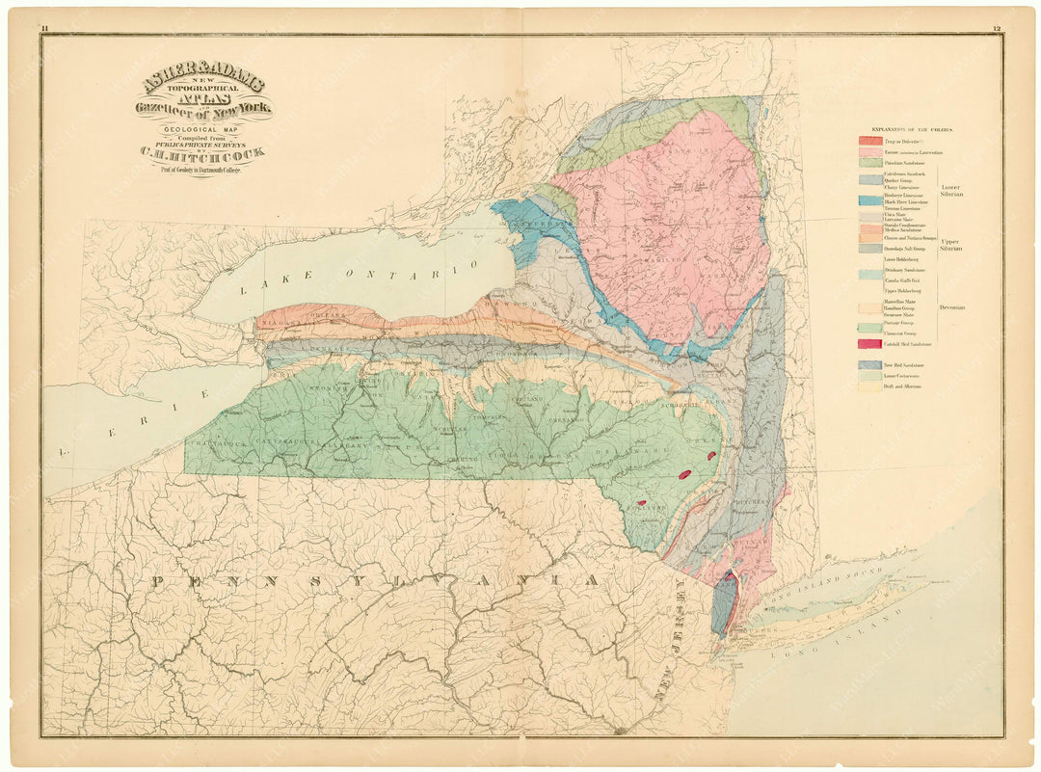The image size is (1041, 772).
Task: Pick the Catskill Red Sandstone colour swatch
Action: [x=870, y=344]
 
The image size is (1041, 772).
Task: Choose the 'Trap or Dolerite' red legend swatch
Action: [x=870, y=142]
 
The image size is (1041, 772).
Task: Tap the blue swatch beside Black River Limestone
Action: [x=870, y=200]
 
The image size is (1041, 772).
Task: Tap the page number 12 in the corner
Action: [x=996, y=29]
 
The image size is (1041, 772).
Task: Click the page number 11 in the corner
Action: [x=44, y=29]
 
